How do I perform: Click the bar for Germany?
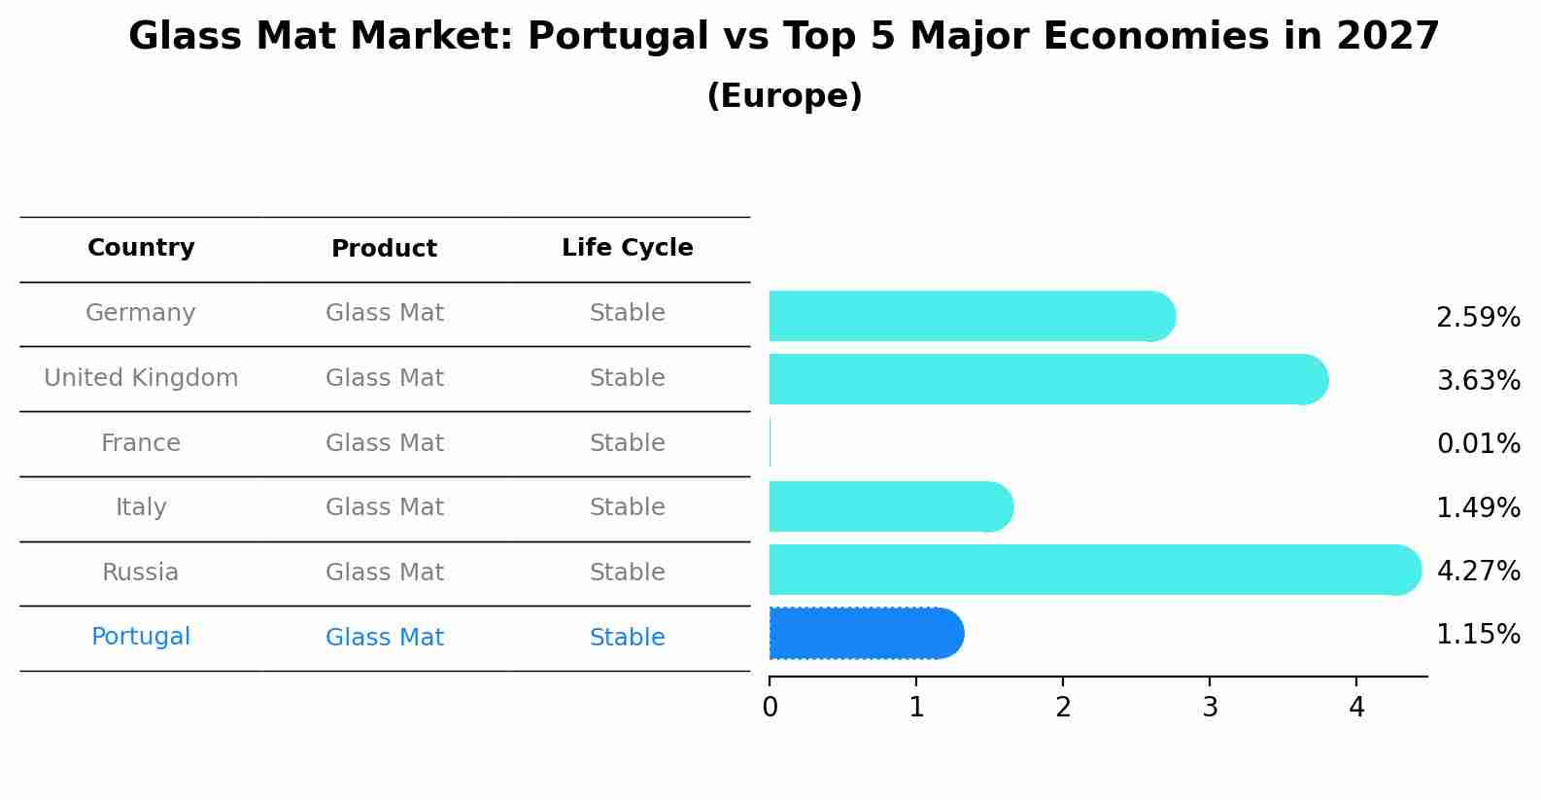[x=972, y=316]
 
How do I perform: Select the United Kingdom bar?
[x=1047, y=379]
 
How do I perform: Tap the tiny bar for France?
[x=770, y=443]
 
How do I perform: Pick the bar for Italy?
[x=891, y=506]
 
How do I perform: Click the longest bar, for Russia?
[x=1094, y=570]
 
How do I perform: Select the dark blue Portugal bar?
[x=866, y=634]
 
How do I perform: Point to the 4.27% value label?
[x=1478, y=571]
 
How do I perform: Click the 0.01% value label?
[x=1478, y=444]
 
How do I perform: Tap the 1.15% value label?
[x=1478, y=635]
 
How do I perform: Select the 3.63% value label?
[x=1478, y=380]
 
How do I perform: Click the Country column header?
[x=141, y=248]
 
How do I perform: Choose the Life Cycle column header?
[x=627, y=248]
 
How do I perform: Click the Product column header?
[x=384, y=249]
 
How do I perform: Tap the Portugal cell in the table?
[x=141, y=637]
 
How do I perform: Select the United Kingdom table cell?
[x=141, y=378]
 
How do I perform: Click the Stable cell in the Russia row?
[x=627, y=573]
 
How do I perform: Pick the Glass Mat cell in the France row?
[x=384, y=443]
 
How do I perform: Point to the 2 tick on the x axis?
[x=1063, y=708]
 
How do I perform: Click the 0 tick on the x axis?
[x=770, y=708]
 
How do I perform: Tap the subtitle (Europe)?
[x=784, y=96]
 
